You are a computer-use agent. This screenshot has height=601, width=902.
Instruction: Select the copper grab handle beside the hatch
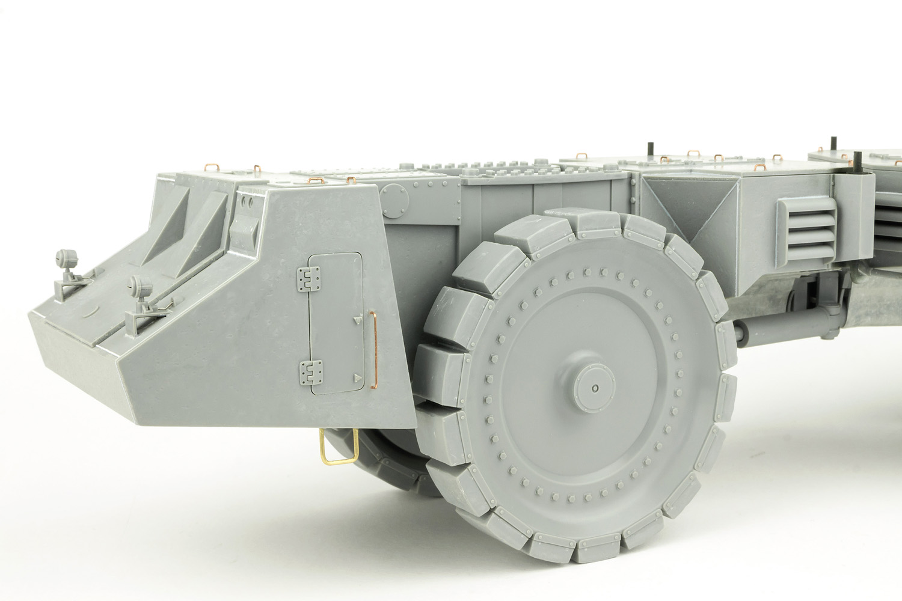(375, 349)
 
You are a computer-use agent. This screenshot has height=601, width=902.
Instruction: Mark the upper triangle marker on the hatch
(357, 321)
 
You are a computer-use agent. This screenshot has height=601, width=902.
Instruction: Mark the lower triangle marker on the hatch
(357, 377)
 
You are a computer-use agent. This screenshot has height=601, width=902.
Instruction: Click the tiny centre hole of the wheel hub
(595, 388)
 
